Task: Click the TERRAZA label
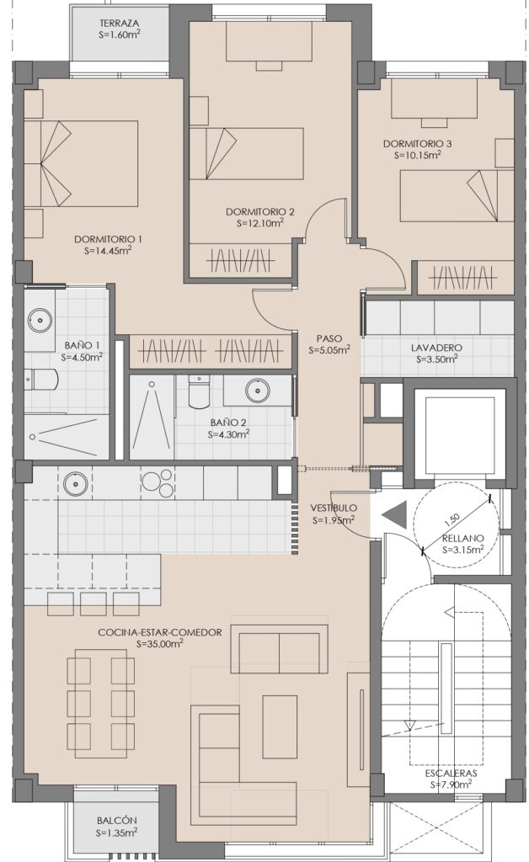120,23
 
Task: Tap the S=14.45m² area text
108,250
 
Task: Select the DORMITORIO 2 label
260,211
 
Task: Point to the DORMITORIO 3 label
417,144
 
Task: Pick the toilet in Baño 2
199,391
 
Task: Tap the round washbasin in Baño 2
257,391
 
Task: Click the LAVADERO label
436,348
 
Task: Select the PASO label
329,338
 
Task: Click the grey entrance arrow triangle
395,516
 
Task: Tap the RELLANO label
463,538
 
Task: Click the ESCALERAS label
451,774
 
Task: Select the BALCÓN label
116,821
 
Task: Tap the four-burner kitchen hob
158,482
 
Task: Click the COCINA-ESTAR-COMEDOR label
160,632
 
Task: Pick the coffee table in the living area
280,726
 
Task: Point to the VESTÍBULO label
334,508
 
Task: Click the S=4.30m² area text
229,434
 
